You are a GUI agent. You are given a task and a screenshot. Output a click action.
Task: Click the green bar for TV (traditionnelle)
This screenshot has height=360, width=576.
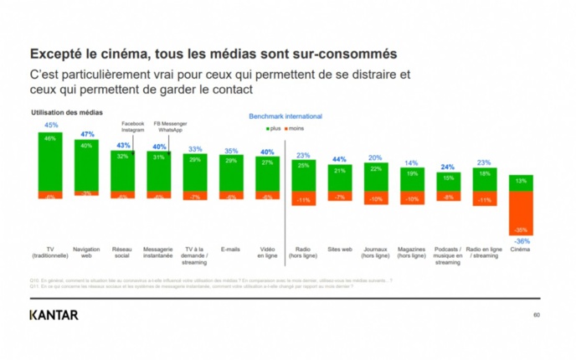click(x=50, y=162)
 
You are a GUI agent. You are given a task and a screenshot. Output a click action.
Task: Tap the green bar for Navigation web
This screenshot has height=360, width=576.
click(x=86, y=166)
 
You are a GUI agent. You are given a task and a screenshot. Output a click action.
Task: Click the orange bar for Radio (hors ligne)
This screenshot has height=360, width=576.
click(x=303, y=198)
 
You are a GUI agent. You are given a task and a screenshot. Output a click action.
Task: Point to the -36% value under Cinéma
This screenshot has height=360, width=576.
click(x=521, y=240)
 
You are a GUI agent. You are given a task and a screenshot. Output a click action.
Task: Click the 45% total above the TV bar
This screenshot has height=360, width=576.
click(x=50, y=125)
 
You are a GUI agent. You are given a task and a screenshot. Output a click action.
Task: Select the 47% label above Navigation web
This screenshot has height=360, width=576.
click(x=86, y=134)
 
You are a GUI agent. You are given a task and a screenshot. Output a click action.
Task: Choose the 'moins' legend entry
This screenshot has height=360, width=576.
click(x=296, y=128)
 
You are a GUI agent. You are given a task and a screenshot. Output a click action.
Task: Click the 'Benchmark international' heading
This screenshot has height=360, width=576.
click(x=285, y=116)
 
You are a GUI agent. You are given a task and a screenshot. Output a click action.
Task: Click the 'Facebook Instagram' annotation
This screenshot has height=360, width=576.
click(x=133, y=127)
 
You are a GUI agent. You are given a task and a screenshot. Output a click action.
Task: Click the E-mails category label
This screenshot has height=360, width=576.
click(x=230, y=249)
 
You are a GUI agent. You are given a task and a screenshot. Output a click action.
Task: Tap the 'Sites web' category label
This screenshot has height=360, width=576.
click(x=339, y=249)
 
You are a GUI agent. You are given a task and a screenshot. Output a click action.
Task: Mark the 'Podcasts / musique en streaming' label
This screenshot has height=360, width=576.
click(x=448, y=256)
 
